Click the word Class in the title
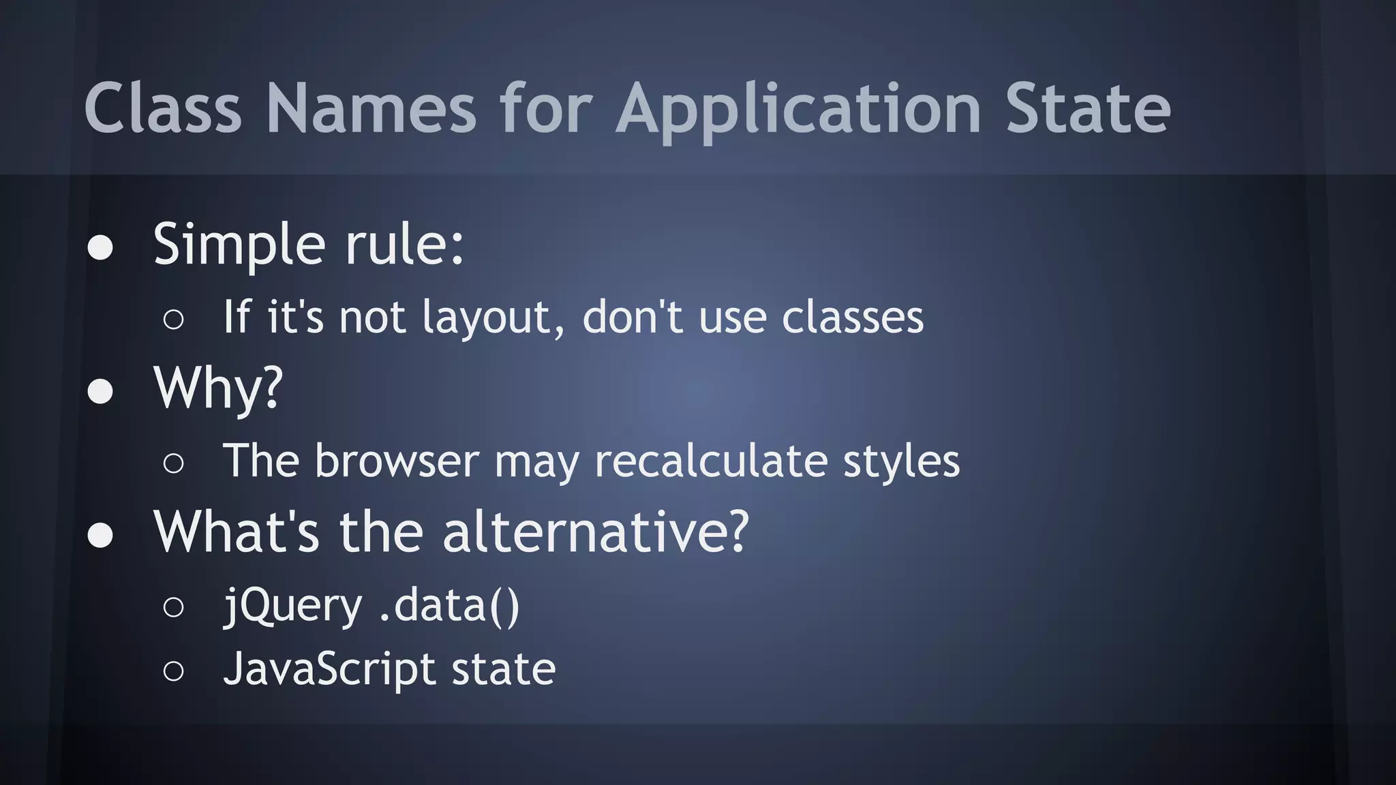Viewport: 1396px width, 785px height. (x=163, y=108)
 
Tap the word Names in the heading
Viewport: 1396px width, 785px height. (x=371, y=108)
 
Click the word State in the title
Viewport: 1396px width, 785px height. (x=1088, y=108)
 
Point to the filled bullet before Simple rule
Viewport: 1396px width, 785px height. (x=100, y=247)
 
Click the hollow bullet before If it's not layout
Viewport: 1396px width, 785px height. (x=174, y=319)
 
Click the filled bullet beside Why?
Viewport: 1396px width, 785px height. (x=100, y=391)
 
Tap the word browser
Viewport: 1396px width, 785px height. (x=397, y=461)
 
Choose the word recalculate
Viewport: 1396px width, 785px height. (x=711, y=461)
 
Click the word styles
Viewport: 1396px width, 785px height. (x=901, y=461)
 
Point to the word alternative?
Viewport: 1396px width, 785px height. (x=596, y=532)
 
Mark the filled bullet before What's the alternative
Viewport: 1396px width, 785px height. (x=100, y=535)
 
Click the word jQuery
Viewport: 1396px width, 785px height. (x=293, y=606)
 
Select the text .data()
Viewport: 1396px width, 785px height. (x=449, y=606)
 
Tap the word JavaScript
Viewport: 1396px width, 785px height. (x=329, y=669)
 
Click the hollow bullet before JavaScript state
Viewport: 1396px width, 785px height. (x=174, y=671)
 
